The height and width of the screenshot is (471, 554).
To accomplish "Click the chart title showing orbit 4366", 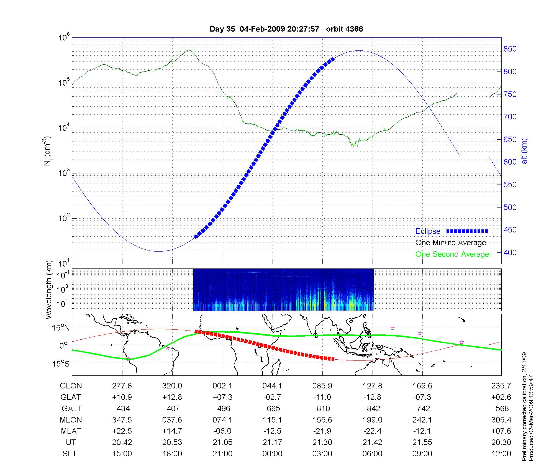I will click(286, 29).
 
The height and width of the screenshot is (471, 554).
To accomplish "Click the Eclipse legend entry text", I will click(428, 231).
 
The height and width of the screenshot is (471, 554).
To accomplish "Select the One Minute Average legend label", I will click(451, 243).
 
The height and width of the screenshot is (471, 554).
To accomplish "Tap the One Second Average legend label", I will click(452, 254).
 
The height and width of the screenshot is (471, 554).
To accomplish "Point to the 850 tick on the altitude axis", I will click(510, 49).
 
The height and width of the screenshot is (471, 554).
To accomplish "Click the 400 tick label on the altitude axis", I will click(510, 252).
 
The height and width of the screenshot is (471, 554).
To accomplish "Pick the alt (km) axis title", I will click(524, 151).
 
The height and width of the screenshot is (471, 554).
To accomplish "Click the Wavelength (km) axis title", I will click(49, 290).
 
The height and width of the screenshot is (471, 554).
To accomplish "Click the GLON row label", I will click(71, 386).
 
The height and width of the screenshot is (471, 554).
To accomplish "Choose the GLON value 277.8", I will click(122, 386).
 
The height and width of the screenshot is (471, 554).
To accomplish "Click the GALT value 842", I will click(373, 408).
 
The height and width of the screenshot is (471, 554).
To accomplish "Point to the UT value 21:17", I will click(272, 442).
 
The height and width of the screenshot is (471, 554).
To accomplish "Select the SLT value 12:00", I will click(501, 454).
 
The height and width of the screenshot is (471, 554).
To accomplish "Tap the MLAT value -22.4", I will click(372, 431).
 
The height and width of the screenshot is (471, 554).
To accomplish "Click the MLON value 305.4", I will click(501, 420).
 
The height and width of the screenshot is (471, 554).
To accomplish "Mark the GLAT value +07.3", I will click(222, 397).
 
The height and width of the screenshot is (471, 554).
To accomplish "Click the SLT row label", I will click(70, 454).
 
